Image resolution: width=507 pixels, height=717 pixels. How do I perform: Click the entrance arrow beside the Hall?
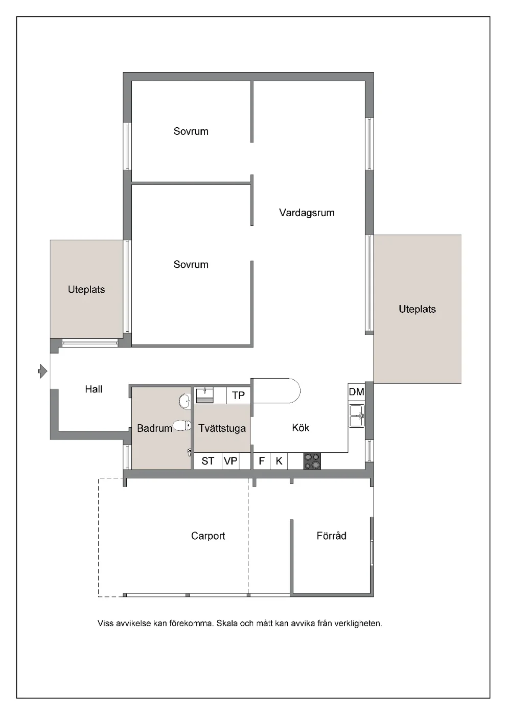pyautogui.click(x=43, y=372)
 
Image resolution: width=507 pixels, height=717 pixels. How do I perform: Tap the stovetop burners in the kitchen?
pyautogui.click(x=312, y=461)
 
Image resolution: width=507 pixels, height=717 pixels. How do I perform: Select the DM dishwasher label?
pyautogui.click(x=356, y=391)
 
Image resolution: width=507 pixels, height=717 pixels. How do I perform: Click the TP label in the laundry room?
pyautogui.click(x=238, y=396)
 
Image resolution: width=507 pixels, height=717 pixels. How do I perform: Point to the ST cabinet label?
pyautogui.click(x=208, y=461)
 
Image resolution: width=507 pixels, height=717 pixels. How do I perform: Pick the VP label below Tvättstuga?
pyautogui.click(x=231, y=461)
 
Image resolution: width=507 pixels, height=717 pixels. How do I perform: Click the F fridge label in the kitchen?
pyautogui.click(x=262, y=461)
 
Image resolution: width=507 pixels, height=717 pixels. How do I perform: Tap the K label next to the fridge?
pyautogui.click(x=279, y=461)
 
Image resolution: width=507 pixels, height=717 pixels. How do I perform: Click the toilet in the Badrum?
pyautogui.click(x=182, y=426)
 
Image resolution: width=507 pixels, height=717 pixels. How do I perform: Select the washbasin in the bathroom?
pyautogui.click(x=185, y=401)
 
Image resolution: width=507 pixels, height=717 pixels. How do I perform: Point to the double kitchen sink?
pyautogui.click(x=357, y=416)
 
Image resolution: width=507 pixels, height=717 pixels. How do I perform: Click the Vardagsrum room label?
pyautogui.click(x=307, y=213)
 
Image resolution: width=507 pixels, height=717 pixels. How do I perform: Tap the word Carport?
pyautogui.click(x=208, y=536)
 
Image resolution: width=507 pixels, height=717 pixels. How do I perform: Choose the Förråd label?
pyautogui.click(x=331, y=536)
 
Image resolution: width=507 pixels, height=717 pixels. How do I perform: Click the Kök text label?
pyautogui.click(x=301, y=428)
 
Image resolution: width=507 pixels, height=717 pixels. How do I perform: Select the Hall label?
pyautogui.click(x=94, y=389)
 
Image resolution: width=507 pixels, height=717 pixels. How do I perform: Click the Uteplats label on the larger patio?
pyautogui.click(x=417, y=309)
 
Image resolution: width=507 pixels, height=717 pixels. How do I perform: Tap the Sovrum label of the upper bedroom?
pyautogui.click(x=191, y=131)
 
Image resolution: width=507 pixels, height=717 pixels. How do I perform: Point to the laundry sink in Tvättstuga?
pyautogui.click(x=204, y=396)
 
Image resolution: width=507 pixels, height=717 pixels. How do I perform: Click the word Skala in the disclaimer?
pyautogui.click(x=226, y=623)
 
